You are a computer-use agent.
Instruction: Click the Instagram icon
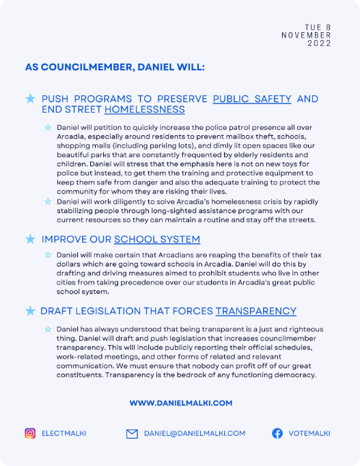[30, 433]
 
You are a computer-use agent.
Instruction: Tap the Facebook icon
[277, 433]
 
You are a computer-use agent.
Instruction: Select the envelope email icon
[132, 433]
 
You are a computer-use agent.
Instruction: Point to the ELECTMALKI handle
[64, 433]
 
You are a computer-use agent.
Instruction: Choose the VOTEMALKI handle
[309, 433]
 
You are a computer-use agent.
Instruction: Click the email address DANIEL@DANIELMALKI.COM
[194, 433]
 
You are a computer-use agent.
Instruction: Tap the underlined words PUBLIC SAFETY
[252, 99]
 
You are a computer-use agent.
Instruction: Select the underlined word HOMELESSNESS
[144, 109]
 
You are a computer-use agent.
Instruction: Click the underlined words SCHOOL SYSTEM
[157, 239]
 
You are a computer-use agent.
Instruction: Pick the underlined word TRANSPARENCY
[256, 311]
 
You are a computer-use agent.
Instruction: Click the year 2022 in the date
[319, 43]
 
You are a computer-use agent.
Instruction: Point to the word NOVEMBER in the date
[306, 35]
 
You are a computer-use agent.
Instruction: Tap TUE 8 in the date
[318, 27]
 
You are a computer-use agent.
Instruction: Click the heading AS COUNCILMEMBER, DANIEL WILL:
[114, 68]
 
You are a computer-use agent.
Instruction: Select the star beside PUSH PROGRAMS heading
[30, 99]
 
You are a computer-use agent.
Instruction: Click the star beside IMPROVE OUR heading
[30, 239]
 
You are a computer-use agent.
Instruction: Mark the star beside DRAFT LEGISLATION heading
[30, 311]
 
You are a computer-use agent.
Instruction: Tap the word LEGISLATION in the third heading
[108, 311]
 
